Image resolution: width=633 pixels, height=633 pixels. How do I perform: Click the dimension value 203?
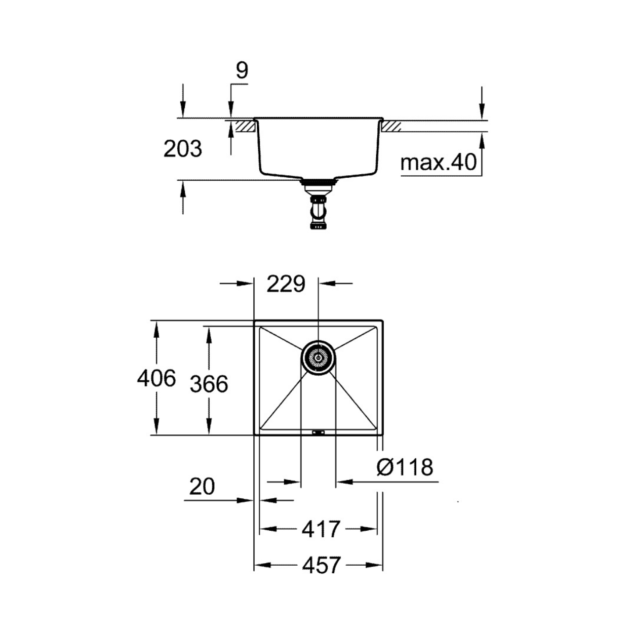click(183, 149)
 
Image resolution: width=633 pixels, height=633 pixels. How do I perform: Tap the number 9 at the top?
click(242, 70)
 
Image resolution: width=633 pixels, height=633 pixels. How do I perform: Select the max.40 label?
click(439, 162)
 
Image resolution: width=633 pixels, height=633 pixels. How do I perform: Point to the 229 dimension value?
click(286, 284)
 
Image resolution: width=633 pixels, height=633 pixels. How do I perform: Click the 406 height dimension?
click(156, 378)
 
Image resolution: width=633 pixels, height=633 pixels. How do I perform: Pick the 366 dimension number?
click(209, 384)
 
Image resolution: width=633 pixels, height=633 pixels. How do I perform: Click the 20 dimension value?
click(202, 487)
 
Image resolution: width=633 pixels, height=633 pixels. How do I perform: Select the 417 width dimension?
click(321, 529)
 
